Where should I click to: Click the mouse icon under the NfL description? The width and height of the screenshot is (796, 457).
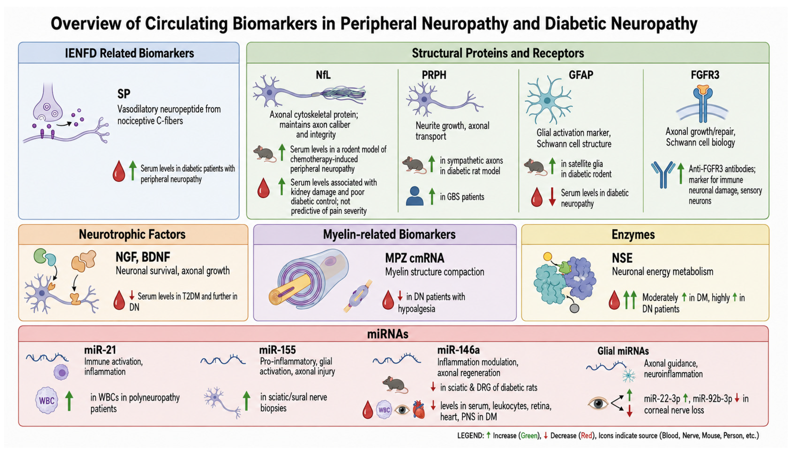click(264, 154)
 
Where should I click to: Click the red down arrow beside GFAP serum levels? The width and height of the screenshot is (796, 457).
click(553, 197)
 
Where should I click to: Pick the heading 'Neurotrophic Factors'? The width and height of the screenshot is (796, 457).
click(132, 235)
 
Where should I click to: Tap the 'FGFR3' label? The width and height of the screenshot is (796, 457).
click(705, 75)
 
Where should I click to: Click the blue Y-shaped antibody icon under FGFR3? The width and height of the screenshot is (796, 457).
click(663, 174)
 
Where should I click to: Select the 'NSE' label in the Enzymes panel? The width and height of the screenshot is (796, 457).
click(622, 258)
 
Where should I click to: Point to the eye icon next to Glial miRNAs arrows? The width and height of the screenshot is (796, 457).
click(598, 403)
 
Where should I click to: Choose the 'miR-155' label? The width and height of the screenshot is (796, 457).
click(277, 350)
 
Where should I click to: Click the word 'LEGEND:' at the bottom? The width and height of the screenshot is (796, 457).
click(471, 436)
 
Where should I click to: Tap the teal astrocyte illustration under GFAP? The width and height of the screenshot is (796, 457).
click(548, 100)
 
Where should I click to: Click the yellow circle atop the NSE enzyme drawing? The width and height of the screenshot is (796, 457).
click(548, 257)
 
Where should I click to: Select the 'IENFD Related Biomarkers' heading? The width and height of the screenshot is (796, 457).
click(129, 53)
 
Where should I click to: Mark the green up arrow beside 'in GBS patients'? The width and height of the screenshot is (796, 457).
click(432, 196)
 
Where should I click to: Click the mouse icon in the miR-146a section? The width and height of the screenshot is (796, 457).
click(395, 384)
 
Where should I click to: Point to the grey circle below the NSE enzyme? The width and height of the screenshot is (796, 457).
click(574, 308)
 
